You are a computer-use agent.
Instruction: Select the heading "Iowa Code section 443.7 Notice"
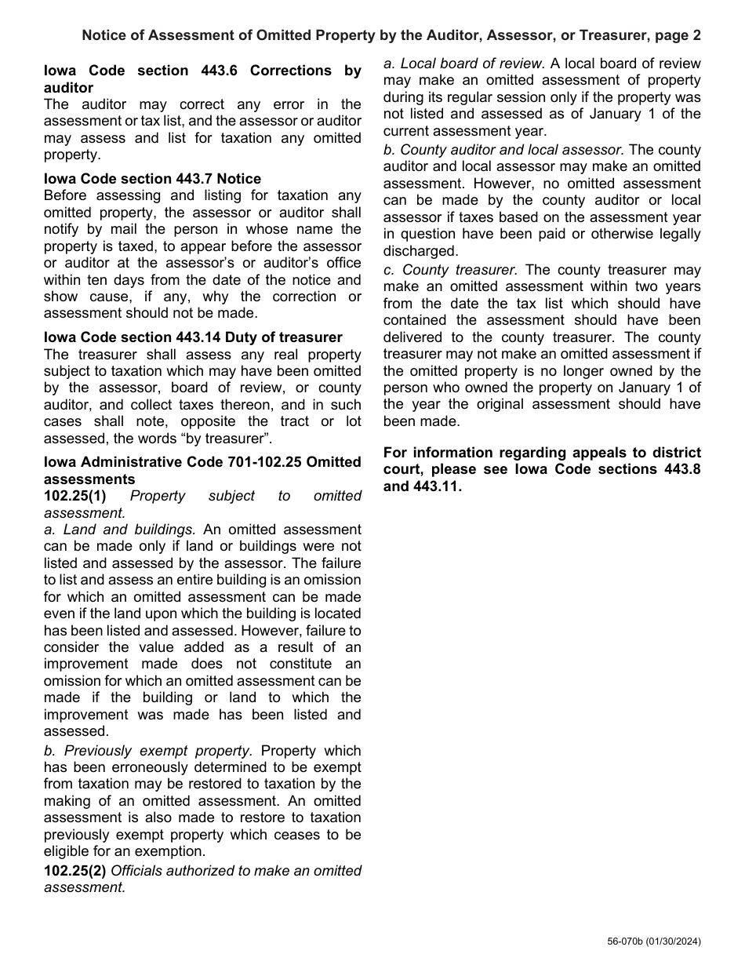153,179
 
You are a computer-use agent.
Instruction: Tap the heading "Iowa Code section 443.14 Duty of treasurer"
193,337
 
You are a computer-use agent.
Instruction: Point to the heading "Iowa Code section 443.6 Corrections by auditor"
202,78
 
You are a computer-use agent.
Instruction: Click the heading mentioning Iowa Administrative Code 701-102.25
202,471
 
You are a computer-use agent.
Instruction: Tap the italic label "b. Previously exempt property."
148,750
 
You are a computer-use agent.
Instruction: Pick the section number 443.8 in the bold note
681,469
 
